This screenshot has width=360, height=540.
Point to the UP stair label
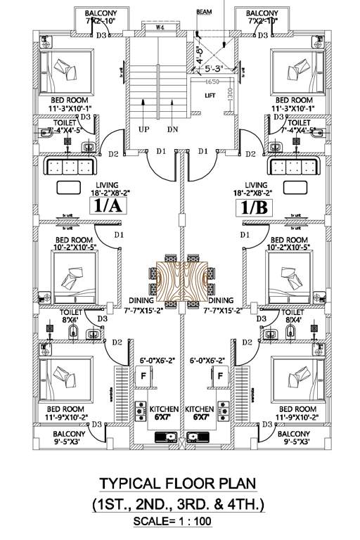pyautogui.click(x=143, y=130)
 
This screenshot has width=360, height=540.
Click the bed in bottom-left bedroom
pyautogui.click(x=66, y=376)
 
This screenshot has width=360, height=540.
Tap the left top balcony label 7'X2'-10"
pyautogui.click(x=101, y=21)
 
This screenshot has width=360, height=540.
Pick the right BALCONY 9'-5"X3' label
pyautogui.click(x=293, y=439)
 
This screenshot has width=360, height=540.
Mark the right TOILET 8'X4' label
pyautogui.click(x=293, y=314)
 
